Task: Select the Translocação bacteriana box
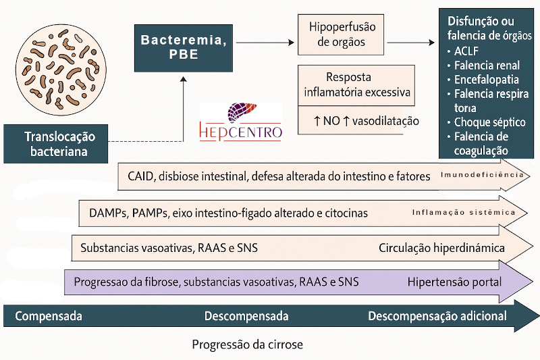59,143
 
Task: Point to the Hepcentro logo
241,121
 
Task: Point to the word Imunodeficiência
482,175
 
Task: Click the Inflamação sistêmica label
464,213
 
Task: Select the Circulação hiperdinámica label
441,248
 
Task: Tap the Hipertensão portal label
454,281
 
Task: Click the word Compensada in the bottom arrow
49,316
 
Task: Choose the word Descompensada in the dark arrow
246,316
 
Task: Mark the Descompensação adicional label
437,316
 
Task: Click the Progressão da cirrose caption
247,344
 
